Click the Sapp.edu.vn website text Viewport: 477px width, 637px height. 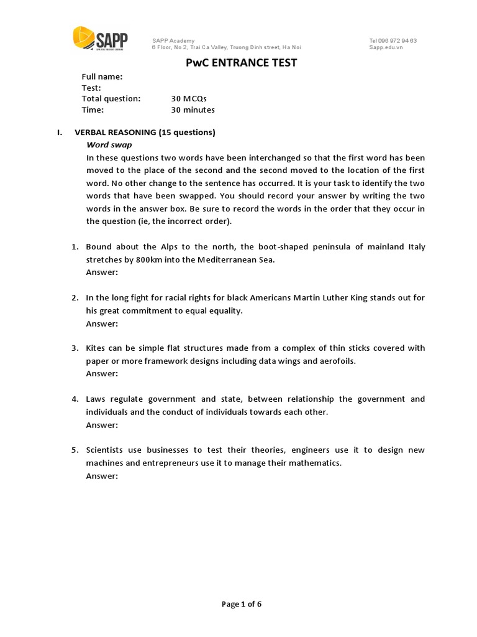tap(386, 47)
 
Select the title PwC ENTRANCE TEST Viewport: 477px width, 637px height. tap(242, 62)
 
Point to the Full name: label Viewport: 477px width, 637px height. tap(102, 77)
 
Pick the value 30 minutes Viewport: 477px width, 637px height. tap(193, 110)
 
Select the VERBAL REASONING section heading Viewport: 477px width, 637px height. tap(145, 133)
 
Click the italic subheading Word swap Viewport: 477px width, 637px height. tap(109, 145)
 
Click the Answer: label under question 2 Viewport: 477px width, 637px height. tap(102, 323)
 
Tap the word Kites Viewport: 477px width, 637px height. tap(97, 348)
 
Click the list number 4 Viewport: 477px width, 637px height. tap(75, 399)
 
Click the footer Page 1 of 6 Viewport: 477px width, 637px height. tap(242, 604)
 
